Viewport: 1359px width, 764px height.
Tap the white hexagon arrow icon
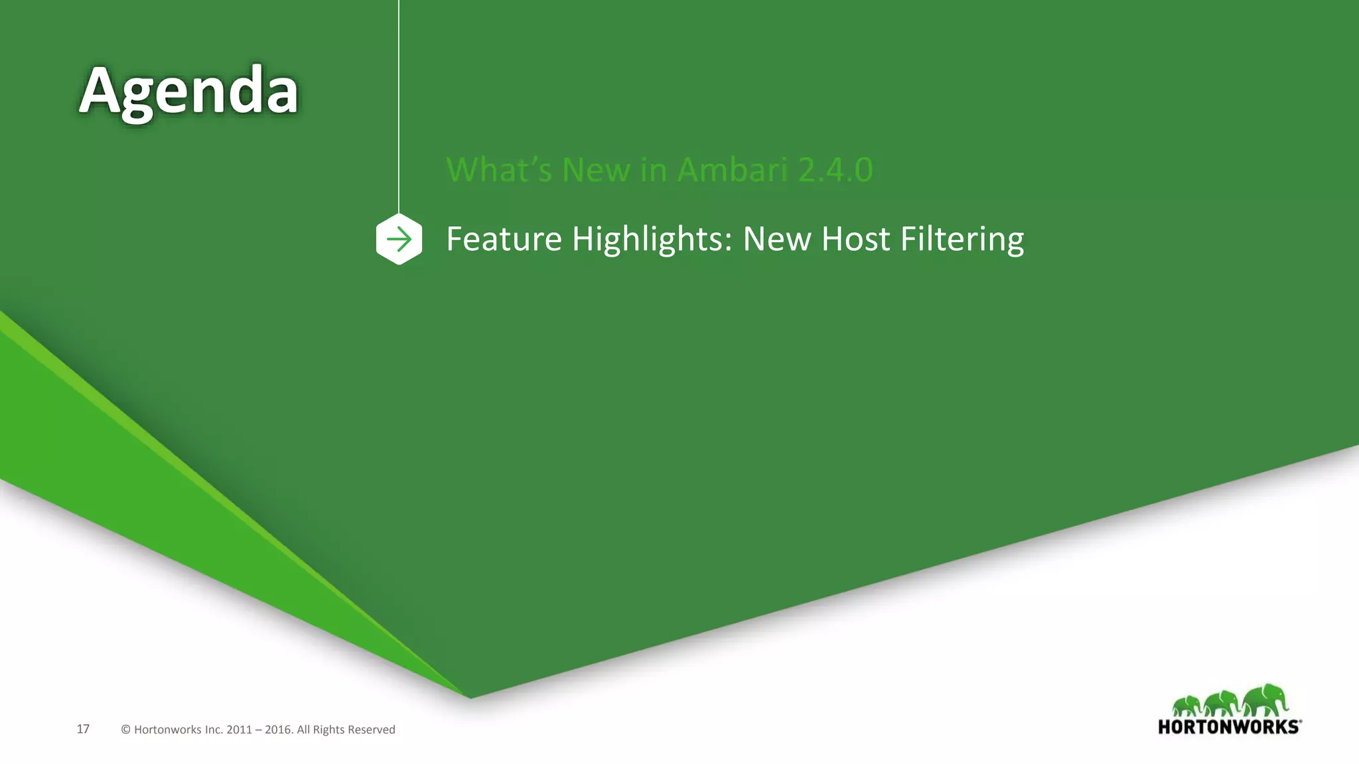[399, 239]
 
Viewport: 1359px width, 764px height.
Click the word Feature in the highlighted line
[504, 239]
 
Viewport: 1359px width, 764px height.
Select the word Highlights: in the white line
[652, 240]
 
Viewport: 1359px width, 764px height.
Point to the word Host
[855, 239]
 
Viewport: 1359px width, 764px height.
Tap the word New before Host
[776, 239]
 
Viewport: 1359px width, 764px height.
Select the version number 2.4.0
[835, 170]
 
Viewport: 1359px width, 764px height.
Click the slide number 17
[83, 730]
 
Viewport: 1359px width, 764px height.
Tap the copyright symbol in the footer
[125, 730]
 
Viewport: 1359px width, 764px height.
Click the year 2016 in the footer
[278, 730]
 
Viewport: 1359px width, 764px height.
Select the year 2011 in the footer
[239, 730]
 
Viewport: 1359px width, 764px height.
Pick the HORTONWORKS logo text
[1229, 727]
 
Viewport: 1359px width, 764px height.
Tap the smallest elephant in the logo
[1187, 706]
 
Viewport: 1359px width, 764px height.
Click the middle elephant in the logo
[1223, 704]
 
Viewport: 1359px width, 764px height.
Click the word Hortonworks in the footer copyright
[168, 730]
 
